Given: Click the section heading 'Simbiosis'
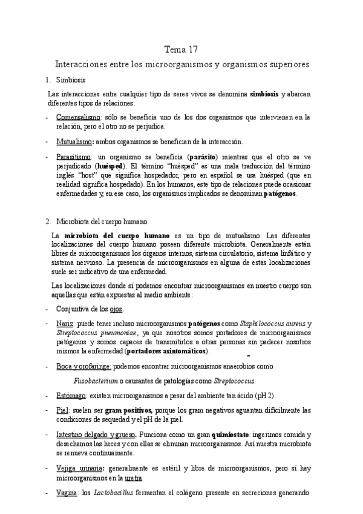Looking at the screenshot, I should [x=71, y=80].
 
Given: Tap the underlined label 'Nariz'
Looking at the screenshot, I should [x=65, y=324].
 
